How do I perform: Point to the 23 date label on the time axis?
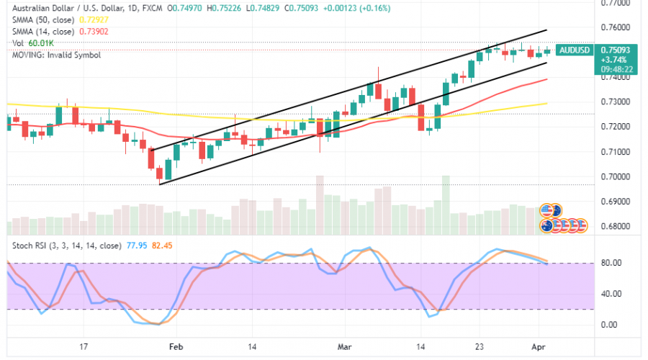pyautogui.click(x=478, y=346)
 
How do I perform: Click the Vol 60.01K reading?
pyautogui.click(x=34, y=44)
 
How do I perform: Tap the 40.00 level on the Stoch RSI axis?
pyautogui.click(x=611, y=293)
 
